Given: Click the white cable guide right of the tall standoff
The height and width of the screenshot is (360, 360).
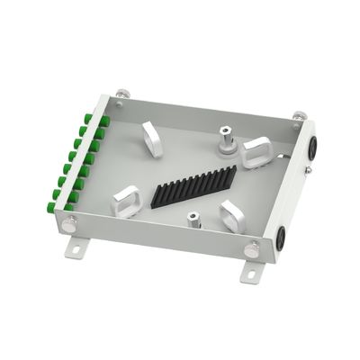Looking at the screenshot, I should point(257,152).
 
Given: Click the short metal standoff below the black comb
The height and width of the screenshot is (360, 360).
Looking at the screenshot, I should point(193,219).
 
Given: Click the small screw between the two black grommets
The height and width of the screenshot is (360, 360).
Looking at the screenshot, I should point(308,169).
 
